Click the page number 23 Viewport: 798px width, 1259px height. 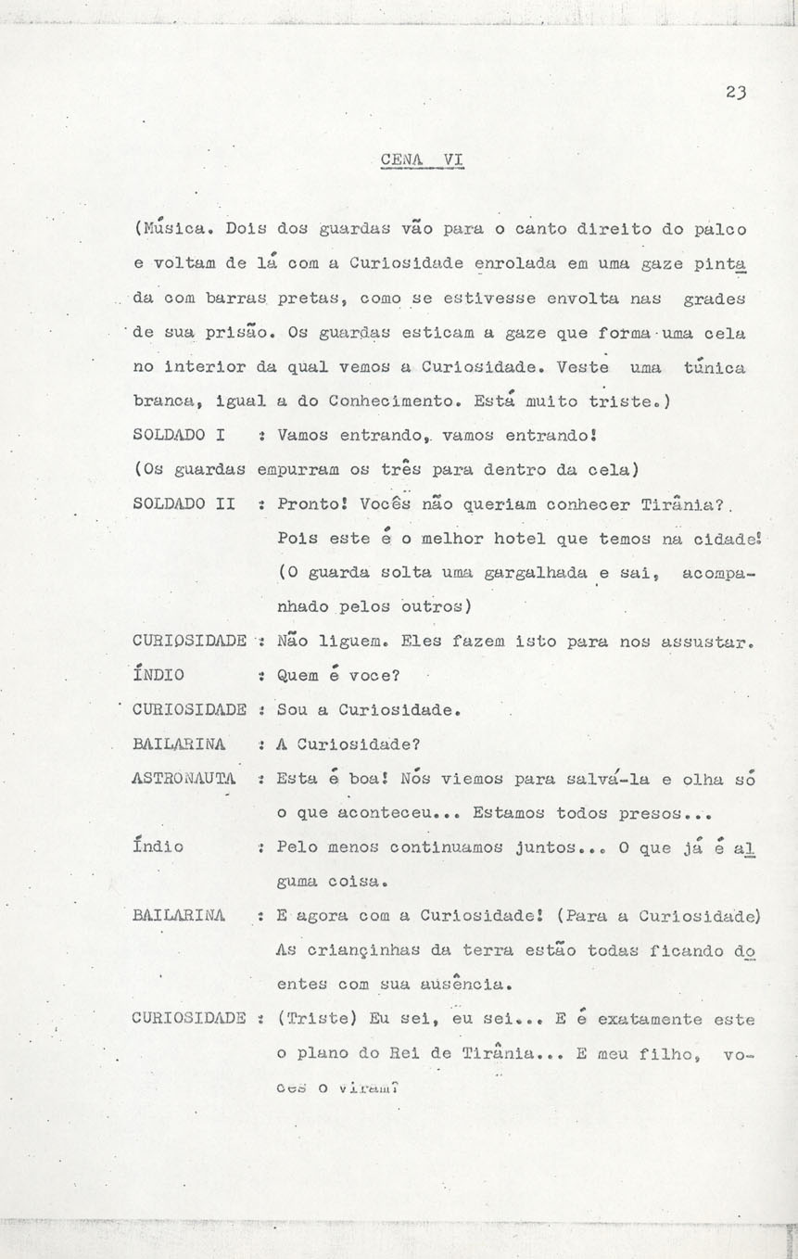pyautogui.click(x=737, y=92)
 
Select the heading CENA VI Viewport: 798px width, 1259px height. pyautogui.click(x=421, y=159)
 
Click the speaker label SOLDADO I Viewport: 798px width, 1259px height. pyautogui.click(x=182, y=433)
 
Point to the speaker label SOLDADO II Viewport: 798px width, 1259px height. pyautogui.click(x=186, y=504)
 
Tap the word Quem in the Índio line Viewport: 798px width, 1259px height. pyautogui.click(x=298, y=675)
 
